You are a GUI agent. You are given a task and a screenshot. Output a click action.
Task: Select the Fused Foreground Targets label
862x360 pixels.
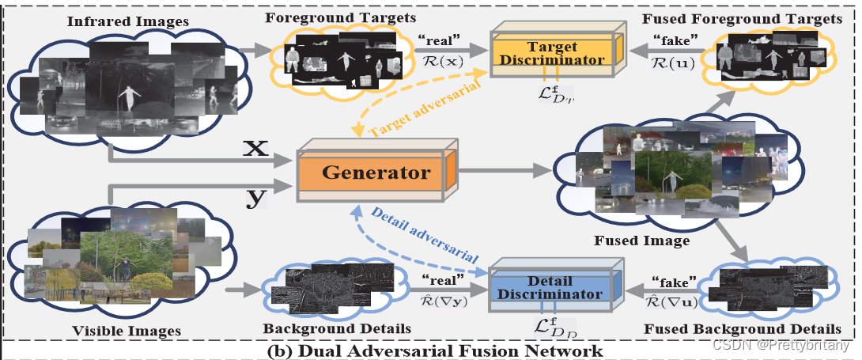[770, 18]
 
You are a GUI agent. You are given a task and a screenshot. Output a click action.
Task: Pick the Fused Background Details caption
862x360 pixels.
[765, 328]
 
